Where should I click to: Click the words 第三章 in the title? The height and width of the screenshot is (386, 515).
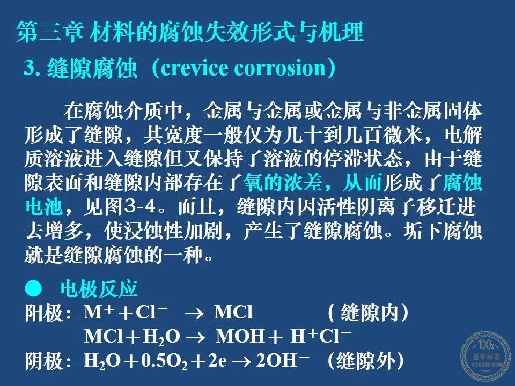[49, 32]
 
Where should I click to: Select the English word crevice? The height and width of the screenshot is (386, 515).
[194, 68]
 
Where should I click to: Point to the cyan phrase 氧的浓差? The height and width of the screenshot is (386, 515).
[283, 182]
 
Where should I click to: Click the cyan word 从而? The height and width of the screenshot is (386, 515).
[363, 182]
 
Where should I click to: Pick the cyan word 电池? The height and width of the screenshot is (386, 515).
[44, 206]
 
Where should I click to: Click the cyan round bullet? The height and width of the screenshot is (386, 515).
[33, 288]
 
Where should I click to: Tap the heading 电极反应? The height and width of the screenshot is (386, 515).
[99, 288]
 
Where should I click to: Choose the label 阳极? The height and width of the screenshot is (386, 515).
[44, 313]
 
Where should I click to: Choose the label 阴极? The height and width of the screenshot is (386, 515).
[44, 361]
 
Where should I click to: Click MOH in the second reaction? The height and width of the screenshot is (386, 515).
[240, 336]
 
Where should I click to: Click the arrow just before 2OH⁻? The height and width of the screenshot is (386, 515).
[242, 361]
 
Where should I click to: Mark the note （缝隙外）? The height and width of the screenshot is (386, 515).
[365, 361]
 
